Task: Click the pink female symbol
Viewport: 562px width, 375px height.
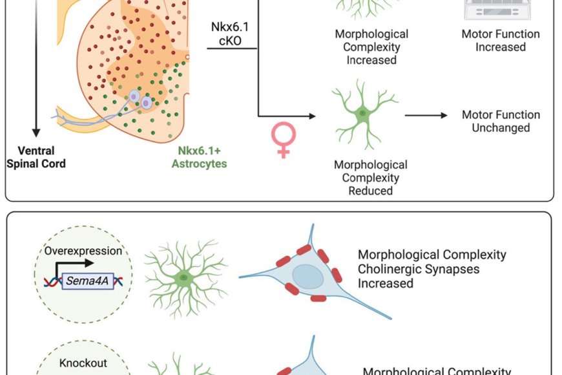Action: tap(284, 140)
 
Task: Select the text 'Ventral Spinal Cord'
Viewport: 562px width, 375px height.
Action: tap(36, 157)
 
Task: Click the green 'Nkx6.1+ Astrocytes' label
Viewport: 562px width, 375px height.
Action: tap(199, 157)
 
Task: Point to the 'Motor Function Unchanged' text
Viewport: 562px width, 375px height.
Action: tap(501, 121)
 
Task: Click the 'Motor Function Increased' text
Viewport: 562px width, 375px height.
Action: tap(501, 40)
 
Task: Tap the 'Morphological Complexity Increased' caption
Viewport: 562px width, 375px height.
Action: tap(371, 47)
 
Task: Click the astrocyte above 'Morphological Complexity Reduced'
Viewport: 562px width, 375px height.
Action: tap(363, 114)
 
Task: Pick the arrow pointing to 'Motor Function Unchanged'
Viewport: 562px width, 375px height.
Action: tap(426, 116)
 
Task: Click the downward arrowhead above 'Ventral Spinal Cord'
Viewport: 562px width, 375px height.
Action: tap(36, 131)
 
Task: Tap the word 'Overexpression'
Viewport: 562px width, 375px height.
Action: tap(83, 251)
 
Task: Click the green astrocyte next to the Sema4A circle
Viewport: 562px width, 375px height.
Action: tap(185, 276)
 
